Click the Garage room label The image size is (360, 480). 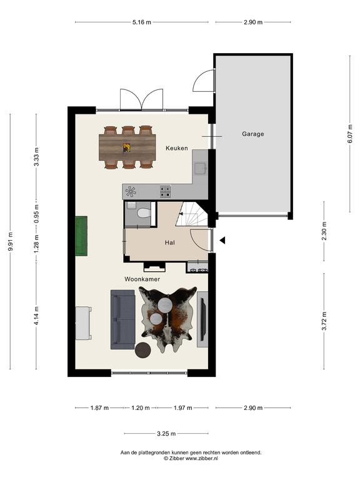(x=253, y=134)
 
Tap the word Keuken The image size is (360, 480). (x=177, y=148)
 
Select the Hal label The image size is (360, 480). (x=170, y=242)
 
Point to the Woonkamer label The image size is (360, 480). (x=142, y=279)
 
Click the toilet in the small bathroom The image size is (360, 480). (x=143, y=212)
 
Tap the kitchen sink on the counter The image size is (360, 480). (x=200, y=168)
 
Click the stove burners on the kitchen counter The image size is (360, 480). (x=165, y=191)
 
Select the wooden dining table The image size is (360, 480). (x=127, y=147)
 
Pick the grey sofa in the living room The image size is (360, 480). (x=122, y=319)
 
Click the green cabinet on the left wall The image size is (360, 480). (x=81, y=236)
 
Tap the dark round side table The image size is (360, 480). (x=143, y=350)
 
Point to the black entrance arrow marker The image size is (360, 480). (x=222, y=240)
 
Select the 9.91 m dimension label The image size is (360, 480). (x=11, y=241)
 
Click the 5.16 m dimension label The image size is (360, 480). (x=142, y=22)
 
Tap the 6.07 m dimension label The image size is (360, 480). (x=351, y=134)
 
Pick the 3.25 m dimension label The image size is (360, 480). (x=166, y=434)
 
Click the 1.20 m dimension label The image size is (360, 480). (x=141, y=407)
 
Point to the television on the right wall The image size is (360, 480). (x=202, y=319)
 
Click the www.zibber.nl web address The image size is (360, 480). (x=202, y=458)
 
